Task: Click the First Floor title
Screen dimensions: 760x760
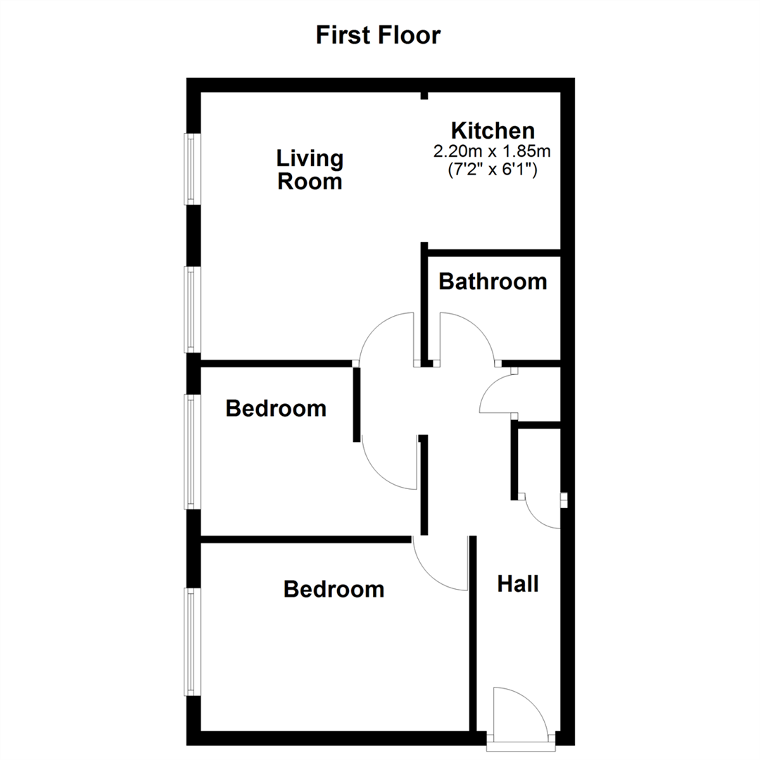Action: point(378,34)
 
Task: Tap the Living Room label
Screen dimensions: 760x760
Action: point(310,170)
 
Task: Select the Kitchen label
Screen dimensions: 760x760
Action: point(493,130)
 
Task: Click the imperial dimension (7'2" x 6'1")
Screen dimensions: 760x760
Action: point(493,169)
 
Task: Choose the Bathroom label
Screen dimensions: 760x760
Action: point(493,281)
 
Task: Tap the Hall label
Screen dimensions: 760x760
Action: point(518,583)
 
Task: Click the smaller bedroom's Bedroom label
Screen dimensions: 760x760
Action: point(276,408)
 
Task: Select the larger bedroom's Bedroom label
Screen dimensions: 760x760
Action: point(334,589)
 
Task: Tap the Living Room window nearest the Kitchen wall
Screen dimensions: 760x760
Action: point(192,169)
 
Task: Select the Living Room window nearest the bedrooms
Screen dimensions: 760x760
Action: point(192,309)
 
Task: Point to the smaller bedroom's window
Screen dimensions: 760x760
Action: point(192,451)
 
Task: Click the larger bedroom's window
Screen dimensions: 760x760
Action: point(192,642)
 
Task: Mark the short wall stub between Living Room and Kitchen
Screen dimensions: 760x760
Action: point(424,95)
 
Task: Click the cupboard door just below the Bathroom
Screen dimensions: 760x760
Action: point(497,394)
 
